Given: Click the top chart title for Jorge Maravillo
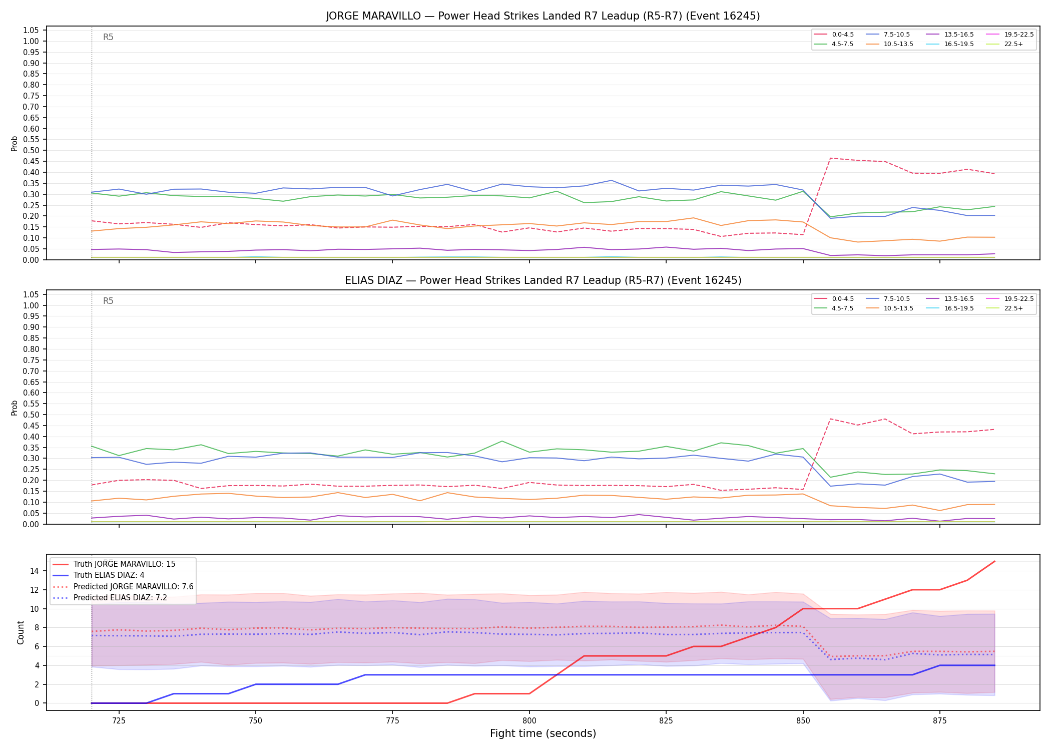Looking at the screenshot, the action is (543, 16).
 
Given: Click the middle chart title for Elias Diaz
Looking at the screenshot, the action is (543, 280).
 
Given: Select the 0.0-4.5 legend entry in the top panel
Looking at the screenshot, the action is (834, 35).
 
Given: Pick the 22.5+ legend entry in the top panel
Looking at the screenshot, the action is (1004, 44).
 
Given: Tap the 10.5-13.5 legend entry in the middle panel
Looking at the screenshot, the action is (889, 308).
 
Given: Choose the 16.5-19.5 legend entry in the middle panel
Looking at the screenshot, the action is (949, 308).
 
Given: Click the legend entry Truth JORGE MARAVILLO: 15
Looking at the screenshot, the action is (114, 564).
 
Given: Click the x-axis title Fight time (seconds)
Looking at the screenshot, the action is (543, 733).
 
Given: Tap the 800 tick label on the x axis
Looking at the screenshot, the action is (529, 721).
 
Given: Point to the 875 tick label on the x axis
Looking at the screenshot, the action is (939, 721).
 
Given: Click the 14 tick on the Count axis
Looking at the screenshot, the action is (35, 571).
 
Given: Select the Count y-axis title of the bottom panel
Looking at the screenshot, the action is (21, 632).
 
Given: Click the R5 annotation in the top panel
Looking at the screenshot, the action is (108, 37).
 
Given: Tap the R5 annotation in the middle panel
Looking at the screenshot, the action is (108, 301).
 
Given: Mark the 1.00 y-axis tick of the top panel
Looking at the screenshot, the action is (31, 41).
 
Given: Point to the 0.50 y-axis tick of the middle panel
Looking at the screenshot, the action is (31, 415).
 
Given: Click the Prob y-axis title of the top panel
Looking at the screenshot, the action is (15, 143).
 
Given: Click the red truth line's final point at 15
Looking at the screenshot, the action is (994, 561).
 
